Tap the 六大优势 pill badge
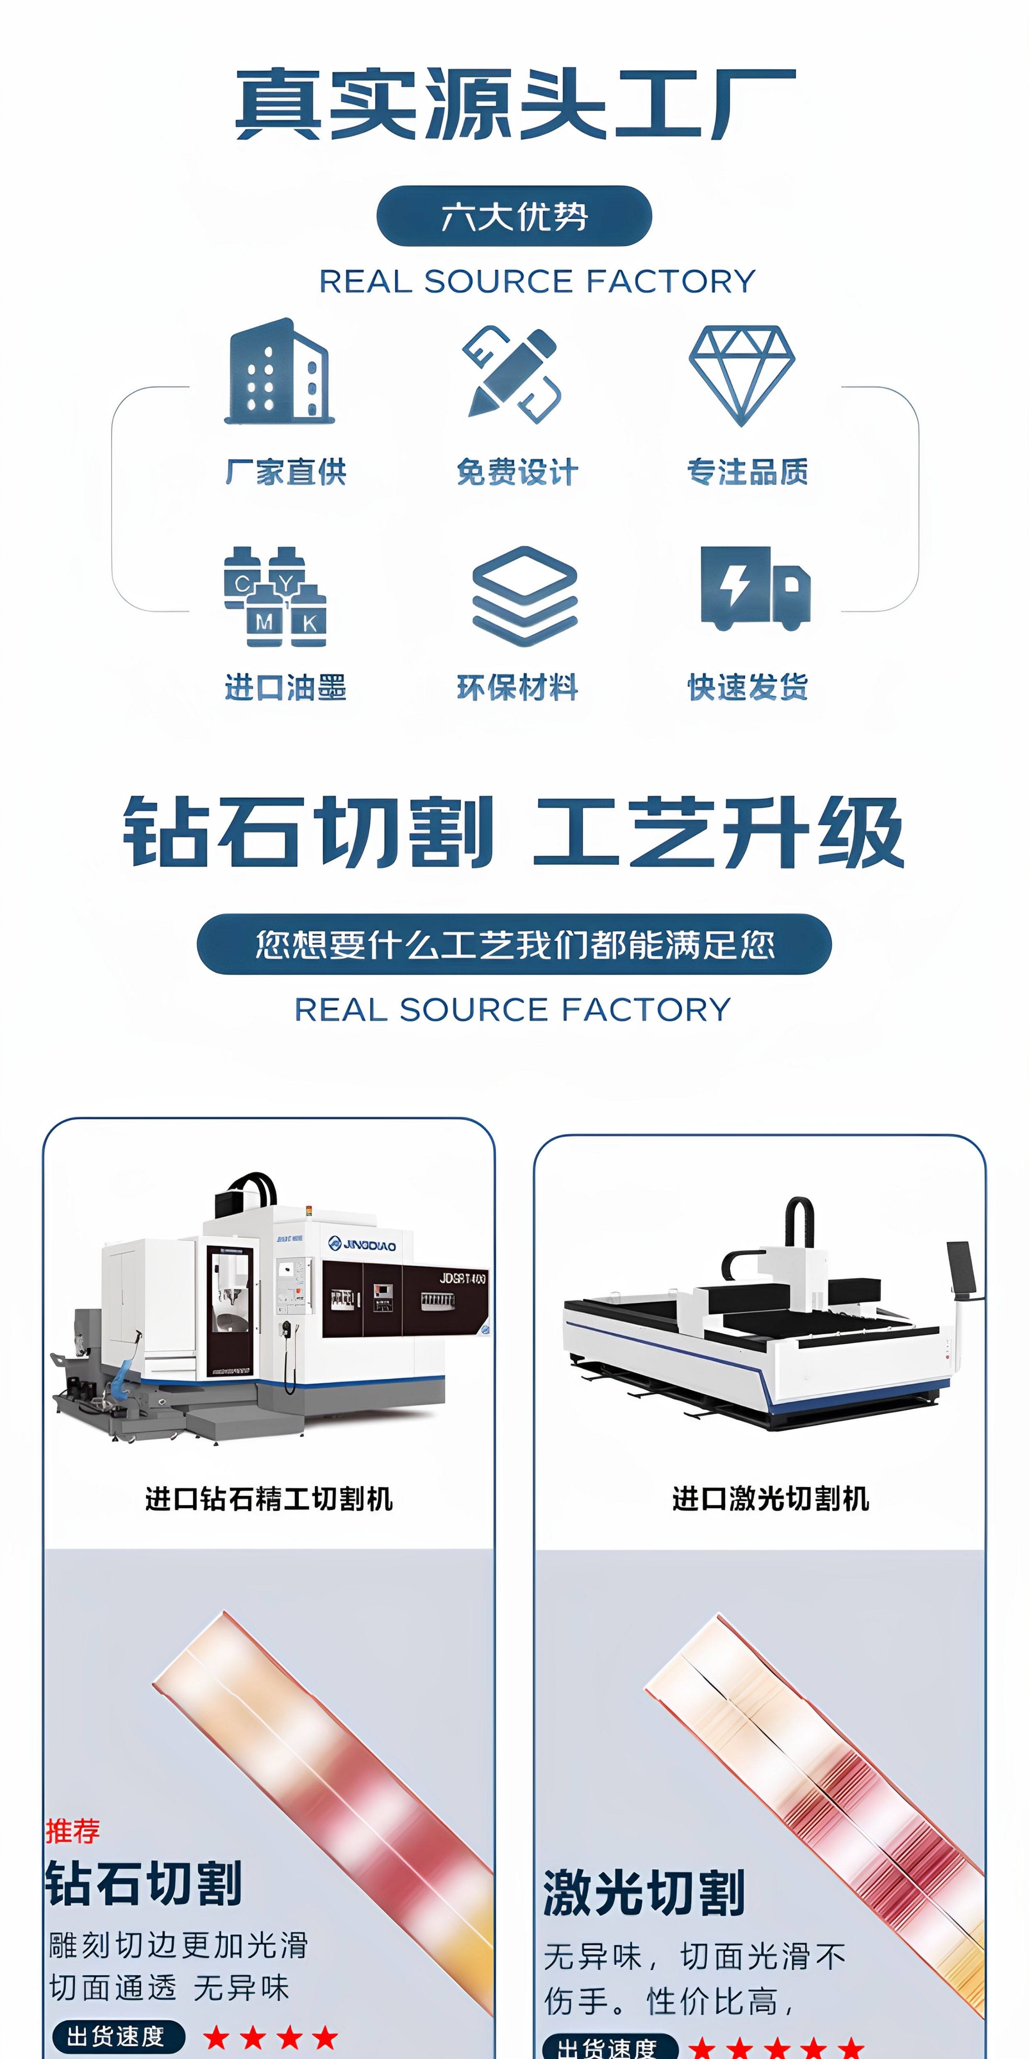click(514, 216)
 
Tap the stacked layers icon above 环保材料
click(524, 595)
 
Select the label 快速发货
click(748, 687)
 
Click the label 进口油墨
click(285, 687)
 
